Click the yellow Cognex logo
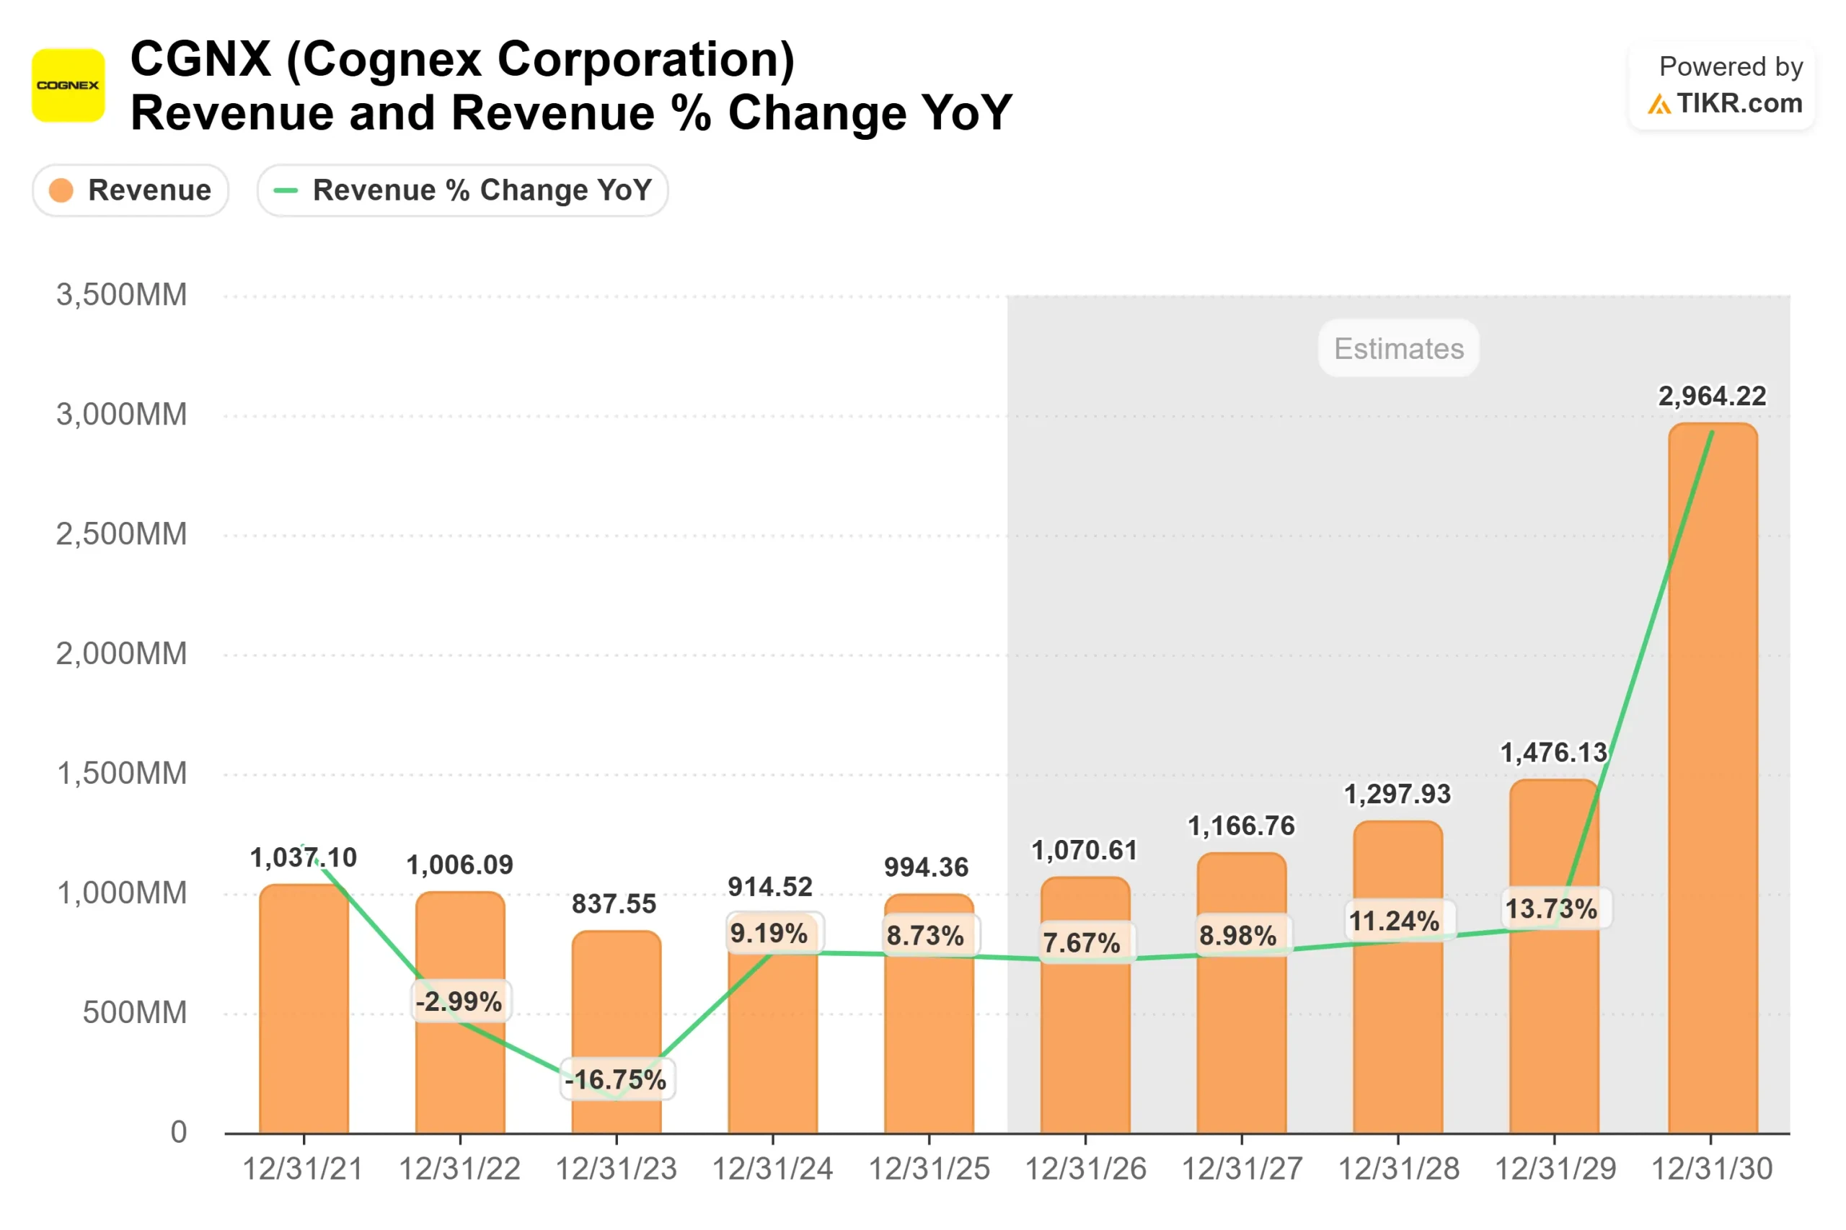pos(69,85)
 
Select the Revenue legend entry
pos(131,190)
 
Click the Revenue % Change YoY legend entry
pos(462,190)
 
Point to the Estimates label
pos(1398,348)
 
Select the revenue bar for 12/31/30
pos(1712,784)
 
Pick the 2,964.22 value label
pos(1711,396)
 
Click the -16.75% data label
pos(617,1079)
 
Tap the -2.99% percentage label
pos(460,1001)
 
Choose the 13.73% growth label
pos(1552,908)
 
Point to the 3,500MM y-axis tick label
pos(122,295)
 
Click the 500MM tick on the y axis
pos(134,1012)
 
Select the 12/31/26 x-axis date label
pos(1085,1169)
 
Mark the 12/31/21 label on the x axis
pos(303,1169)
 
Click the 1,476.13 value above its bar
pos(1553,752)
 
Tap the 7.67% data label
pos(1082,942)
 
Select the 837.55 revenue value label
pos(614,903)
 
